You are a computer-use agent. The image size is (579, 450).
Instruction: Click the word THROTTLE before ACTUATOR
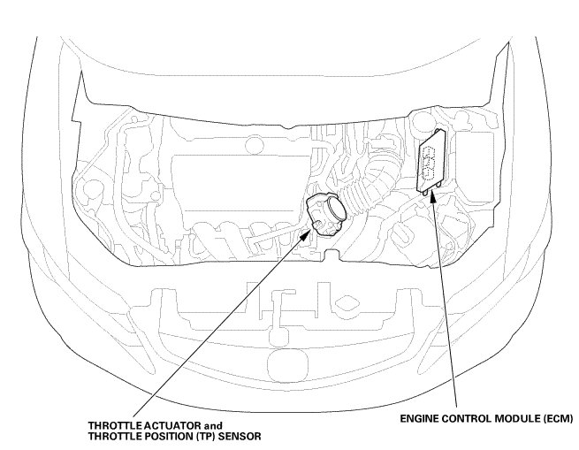point(115,425)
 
